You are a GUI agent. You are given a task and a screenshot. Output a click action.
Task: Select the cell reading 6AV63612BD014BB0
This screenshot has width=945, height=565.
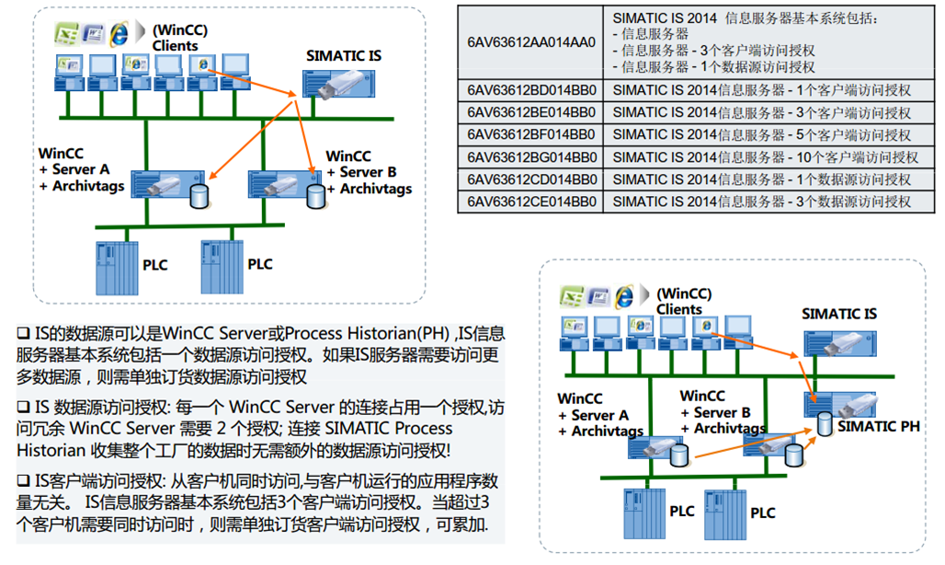pyautogui.click(x=530, y=90)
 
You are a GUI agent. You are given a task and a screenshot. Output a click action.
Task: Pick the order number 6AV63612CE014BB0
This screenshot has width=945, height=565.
pyautogui.click(x=530, y=202)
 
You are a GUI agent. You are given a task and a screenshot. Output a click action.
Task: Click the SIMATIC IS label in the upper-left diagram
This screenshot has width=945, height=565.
pyautogui.click(x=343, y=56)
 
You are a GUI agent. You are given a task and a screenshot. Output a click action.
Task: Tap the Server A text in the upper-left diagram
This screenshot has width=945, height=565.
pyautogui.click(x=81, y=170)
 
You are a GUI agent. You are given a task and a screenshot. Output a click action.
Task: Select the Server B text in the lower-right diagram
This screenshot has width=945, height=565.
pyautogui.click(x=723, y=412)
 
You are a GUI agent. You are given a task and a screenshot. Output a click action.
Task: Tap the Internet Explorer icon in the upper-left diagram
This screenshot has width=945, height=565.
pyautogui.click(x=118, y=34)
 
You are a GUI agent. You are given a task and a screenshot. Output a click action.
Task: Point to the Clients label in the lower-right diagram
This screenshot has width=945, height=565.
pyautogui.click(x=679, y=309)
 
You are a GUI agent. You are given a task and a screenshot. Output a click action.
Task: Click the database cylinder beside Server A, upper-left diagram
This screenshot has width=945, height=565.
pyautogui.click(x=196, y=195)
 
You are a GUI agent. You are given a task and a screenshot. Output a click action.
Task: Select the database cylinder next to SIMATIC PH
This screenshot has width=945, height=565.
pyautogui.click(x=825, y=424)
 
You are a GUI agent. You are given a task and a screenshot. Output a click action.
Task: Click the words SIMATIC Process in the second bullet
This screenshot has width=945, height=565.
pyautogui.click(x=396, y=429)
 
